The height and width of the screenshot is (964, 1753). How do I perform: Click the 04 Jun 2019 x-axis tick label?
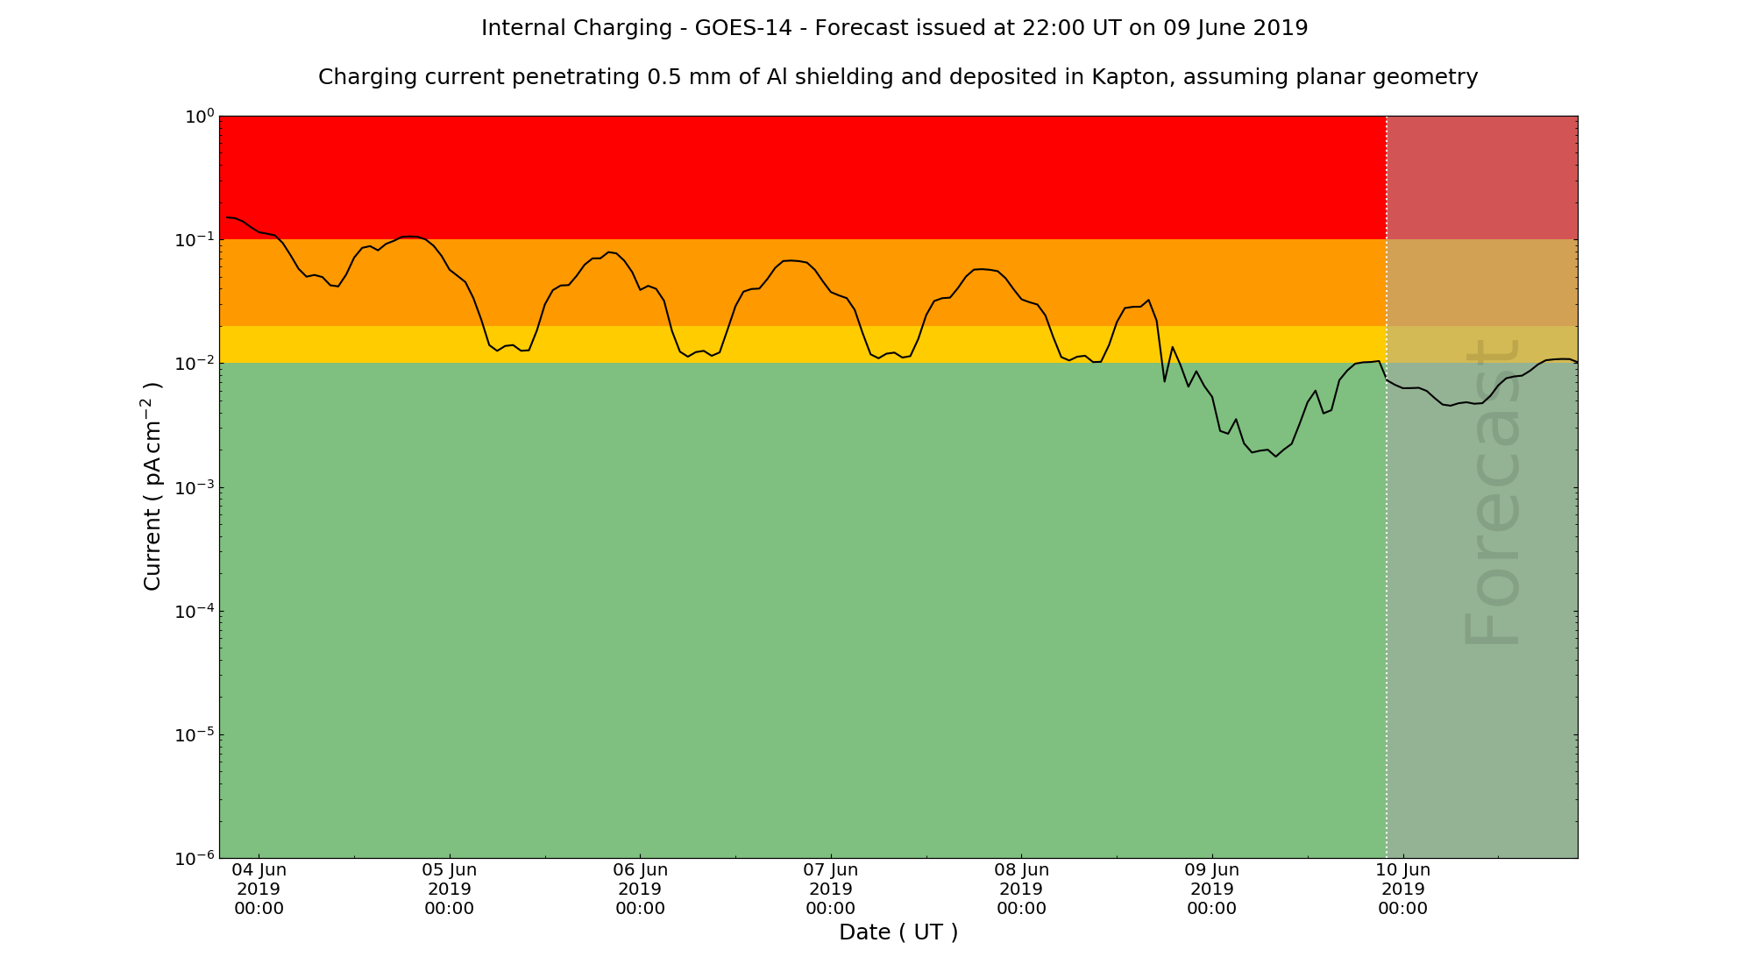coord(259,889)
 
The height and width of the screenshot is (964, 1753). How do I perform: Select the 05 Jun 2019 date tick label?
coord(450,889)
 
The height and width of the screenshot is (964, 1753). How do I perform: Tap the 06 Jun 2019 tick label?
coord(641,889)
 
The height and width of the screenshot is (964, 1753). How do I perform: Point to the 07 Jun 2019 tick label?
coord(831,889)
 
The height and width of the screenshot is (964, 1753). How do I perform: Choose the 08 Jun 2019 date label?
coord(1022,889)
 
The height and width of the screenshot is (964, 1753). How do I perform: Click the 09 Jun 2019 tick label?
coord(1212,889)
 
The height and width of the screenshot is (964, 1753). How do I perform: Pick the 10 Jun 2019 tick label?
coord(1403,889)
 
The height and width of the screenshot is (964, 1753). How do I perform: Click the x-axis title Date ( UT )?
coord(898,932)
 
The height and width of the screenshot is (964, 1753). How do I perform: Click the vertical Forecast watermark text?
coord(1491,493)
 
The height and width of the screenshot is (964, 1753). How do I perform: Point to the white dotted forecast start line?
coord(1387,613)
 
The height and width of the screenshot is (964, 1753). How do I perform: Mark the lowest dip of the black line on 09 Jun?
coord(1276,457)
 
